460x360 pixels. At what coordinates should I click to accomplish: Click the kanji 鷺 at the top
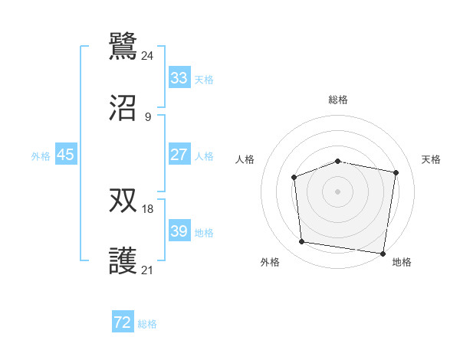[x=123, y=45]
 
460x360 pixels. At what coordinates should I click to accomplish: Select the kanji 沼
[x=123, y=109]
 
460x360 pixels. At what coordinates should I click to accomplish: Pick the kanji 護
[x=123, y=263]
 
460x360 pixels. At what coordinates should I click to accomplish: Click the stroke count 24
[x=147, y=55]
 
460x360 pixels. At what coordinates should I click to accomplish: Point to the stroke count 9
[x=147, y=117]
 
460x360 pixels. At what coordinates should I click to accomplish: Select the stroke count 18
[x=147, y=208]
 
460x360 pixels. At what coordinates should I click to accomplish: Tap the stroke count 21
[x=147, y=270]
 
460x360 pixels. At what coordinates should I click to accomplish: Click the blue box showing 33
[x=179, y=78]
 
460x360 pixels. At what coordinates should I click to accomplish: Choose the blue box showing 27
[x=179, y=155]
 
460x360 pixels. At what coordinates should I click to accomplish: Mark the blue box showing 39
[x=179, y=231]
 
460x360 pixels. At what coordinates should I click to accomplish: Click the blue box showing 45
[x=65, y=155]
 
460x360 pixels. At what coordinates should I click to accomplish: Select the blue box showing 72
[x=122, y=323]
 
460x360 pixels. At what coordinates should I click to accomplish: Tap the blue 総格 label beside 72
[x=147, y=325]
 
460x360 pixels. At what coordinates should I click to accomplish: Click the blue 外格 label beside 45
[x=41, y=156]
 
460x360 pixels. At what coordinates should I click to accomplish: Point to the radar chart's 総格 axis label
[x=337, y=100]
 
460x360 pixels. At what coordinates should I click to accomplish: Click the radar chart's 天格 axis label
[x=431, y=159]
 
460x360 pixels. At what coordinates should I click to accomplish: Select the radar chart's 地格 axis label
[x=402, y=263]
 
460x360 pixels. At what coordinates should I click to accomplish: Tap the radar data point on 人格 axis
[x=294, y=178]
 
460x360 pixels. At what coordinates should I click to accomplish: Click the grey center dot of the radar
[x=337, y=191]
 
